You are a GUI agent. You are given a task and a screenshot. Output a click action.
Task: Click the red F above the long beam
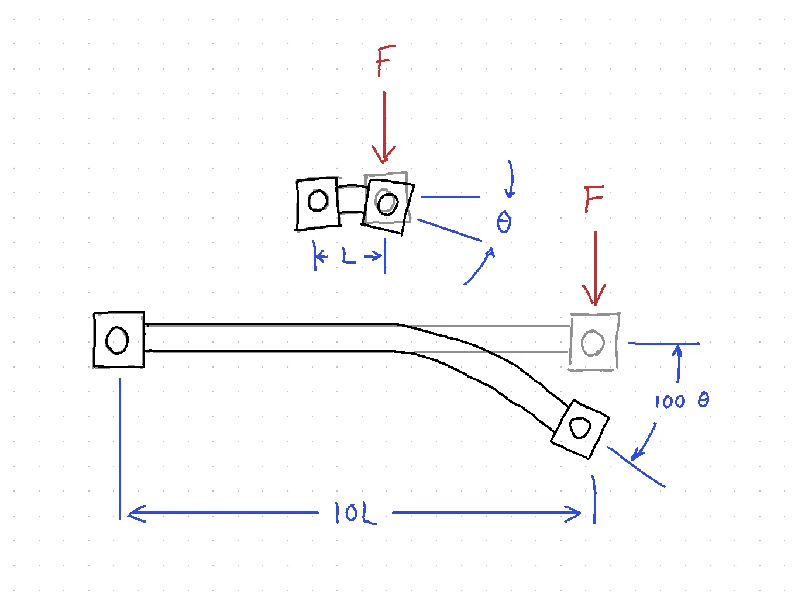593,199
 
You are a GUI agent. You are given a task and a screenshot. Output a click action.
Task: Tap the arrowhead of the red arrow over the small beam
384,154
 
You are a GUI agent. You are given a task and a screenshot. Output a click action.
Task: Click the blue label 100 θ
682,401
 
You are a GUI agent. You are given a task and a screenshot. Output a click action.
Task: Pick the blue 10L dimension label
356,513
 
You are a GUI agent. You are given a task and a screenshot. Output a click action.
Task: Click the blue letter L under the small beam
349,256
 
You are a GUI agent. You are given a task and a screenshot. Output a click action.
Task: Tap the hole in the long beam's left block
117,340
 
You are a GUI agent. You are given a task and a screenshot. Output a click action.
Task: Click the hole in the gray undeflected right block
593,343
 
